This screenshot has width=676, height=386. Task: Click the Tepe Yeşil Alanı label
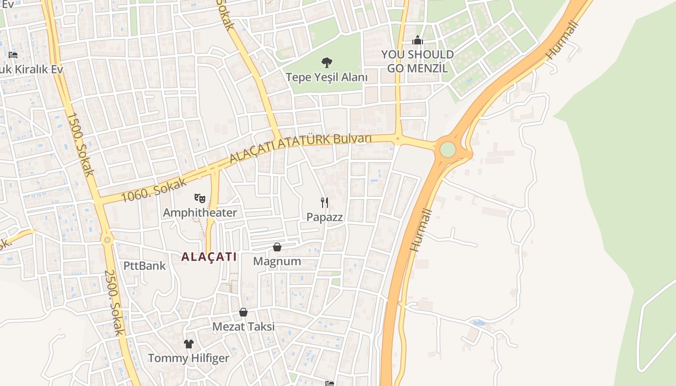point(326,77)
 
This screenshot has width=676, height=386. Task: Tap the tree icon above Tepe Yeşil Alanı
point(327,62)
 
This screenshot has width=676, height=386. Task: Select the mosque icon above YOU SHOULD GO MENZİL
point(418,40)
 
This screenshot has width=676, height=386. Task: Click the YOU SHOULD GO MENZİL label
point(418,61)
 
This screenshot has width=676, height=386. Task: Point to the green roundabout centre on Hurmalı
point(448,150)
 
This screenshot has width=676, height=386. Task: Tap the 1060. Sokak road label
point(153,189)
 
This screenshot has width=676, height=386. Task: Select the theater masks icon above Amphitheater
point(199,198)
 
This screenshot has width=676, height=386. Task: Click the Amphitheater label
point(200,213)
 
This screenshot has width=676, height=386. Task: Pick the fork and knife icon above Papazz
point(324,202)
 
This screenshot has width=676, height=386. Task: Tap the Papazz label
point(324,217)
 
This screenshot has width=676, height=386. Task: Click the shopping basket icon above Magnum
point(277,247)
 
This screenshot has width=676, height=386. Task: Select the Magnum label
point(277,262)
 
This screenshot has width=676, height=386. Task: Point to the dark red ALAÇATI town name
point(209,257)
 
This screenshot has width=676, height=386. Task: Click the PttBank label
point(144,266)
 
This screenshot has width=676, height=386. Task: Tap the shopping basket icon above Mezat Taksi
point(243,312)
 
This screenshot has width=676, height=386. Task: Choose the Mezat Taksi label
point(243,327)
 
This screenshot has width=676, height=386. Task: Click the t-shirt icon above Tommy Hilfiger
point(188,344)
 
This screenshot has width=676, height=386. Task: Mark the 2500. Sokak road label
point(114,303)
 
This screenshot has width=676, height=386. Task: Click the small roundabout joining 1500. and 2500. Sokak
point(107,239)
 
